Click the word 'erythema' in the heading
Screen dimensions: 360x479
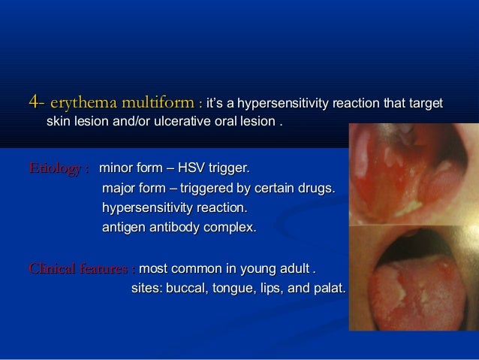point(83,101)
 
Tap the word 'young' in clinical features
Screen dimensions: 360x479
point(259,268)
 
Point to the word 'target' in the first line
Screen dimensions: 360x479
point(425,101)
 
